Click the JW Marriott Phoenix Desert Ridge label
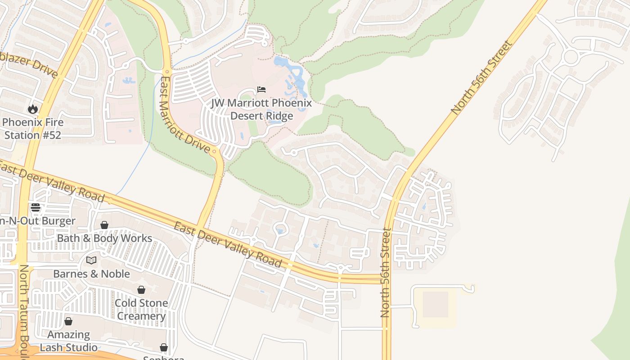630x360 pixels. click(x=261, y=109)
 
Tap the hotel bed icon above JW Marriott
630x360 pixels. click(x=261, y=90)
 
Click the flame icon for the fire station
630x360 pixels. click(x=33, y=109)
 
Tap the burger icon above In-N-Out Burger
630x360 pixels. click(x=36, y=207)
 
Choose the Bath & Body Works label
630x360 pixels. click(x=104, y=238)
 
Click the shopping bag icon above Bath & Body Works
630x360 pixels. click(x=104, y=225)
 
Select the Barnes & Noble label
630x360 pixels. click(x=91, y=274)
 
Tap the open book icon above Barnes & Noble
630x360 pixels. click(x=91, y=260)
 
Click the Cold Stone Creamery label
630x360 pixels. click(x=141, y=309)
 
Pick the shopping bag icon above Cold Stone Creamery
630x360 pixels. click(x=141, y=290)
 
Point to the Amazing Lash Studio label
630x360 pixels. click(x=68, y=341)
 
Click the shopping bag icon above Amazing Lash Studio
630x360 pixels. click(x=68, y=321)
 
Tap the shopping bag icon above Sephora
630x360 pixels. click(x=164, y=347)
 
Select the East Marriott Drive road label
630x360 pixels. click(x=184, y=115)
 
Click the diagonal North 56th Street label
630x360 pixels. click(x=481, y=77)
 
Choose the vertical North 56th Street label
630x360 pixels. click(x=386, y=273)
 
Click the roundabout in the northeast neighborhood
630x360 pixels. click(x=571, y=57)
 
